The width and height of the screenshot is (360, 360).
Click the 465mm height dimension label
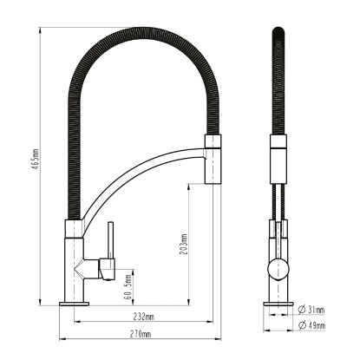[x=36, y=159]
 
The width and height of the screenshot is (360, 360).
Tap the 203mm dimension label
[x=184, y=245]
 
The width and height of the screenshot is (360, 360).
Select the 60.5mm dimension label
[x=129, y=287]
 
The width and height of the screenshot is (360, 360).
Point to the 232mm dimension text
[x=143, y=317]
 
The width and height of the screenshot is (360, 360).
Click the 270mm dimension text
[x=141, y=334]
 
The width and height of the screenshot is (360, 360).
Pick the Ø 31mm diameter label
[x=311, y=310]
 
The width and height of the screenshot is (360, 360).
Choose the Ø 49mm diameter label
[x=311, y=325]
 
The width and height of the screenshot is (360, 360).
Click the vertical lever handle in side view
[x=111, y=240]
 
